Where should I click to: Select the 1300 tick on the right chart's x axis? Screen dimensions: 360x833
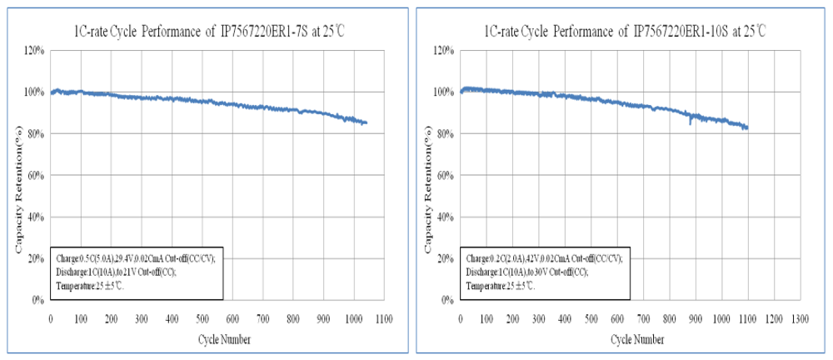(x=801, y=317)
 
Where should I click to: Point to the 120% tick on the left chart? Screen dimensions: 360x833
(x=34, y=51)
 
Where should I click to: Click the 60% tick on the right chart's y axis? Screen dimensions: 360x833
(x=446, y=176)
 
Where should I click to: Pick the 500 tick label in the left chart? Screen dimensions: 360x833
(x=202, y=317)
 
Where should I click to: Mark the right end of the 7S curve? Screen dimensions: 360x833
(x=367, y=123)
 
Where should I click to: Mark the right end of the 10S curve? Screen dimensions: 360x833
(x=748, y=127)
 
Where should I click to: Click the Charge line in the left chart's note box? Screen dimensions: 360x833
(x=135, y=258)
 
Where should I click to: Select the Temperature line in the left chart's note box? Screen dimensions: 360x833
(x=93, y=286)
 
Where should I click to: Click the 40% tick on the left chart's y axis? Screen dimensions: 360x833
(x=36, y=217)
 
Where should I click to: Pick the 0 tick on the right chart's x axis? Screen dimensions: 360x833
(x=461, y=317)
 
